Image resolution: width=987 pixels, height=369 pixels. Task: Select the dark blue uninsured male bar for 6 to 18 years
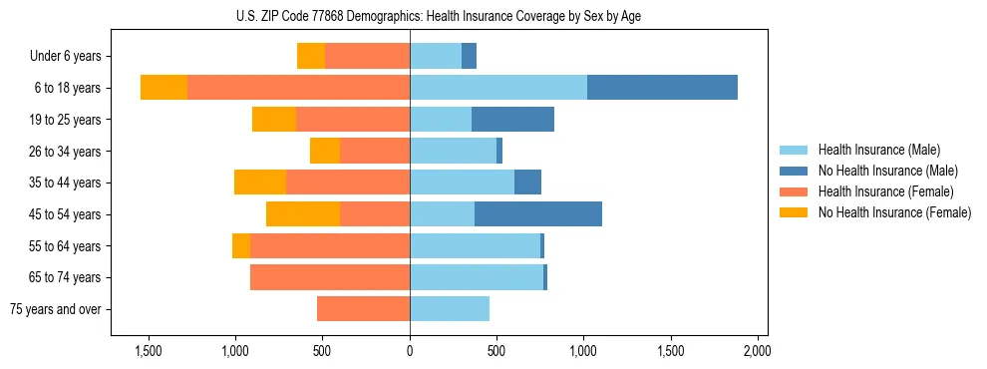pyautogui.click(x=662, y=88)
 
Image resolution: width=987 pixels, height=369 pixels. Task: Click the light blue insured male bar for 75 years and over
pyautogui.click(x=450, y=309)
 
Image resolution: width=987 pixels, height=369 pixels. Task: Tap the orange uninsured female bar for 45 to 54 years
pyautogui.click(x=303, y=214)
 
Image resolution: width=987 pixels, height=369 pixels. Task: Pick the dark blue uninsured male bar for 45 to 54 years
pyautogui.click(x=538, y=214)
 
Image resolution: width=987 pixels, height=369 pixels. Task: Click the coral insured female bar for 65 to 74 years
pyautogui.click(x=330, y=277)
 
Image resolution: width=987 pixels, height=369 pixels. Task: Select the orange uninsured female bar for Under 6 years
pyautogui.click(x=311, y=56)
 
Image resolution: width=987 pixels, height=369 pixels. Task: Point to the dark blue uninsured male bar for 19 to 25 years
pyautogui.click(x=512, y=120)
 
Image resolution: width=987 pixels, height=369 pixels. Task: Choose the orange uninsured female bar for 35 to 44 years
pyautogui.click(x=260, y=183)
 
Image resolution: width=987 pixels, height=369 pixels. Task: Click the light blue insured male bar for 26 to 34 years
pyautogui.click(x=453, y=151)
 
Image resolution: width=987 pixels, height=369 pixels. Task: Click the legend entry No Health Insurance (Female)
pyautogui.click(x=894, y=212)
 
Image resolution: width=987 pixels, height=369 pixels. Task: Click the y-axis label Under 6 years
pyautogui.click(x=73, y=57)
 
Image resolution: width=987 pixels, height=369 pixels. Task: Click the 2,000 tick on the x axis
pyautogui.click(x=757, y=352)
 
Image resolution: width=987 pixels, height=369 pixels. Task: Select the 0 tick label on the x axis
pyautogui.click(x=410, y=352)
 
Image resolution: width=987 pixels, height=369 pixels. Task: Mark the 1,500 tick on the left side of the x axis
pyautogui.click(x=148, y=352)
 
